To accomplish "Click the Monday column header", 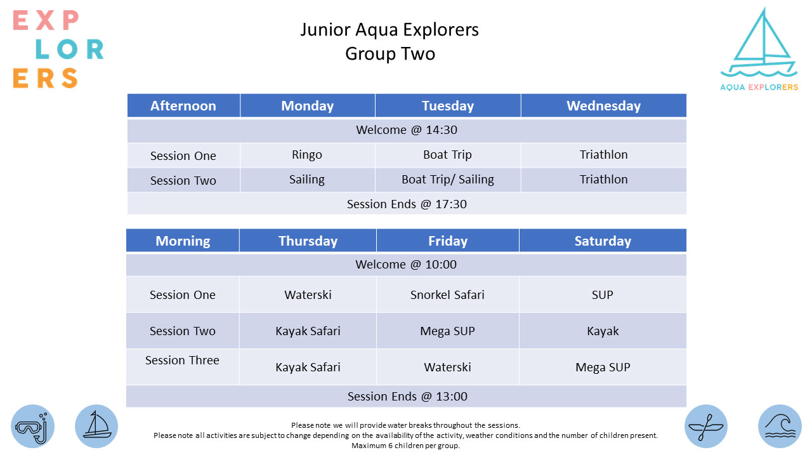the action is [308, 106].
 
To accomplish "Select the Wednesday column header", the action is [603, 106].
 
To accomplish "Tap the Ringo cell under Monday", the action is [307, 155].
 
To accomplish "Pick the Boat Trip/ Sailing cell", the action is [448, 180].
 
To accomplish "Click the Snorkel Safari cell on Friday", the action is [447, 295].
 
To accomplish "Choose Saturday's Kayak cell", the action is [603, 331].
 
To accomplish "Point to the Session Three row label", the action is [182, 360].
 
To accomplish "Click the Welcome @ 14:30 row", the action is [407, 130].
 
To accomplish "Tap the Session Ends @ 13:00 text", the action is [407, 397].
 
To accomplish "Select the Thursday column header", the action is [308, 241].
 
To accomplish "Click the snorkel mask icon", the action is [32, 426].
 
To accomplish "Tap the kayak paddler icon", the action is [706, 426].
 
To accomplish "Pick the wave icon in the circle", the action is [780, 426].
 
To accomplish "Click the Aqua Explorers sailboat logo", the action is [759, 49].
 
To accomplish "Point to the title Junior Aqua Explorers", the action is [390, 30].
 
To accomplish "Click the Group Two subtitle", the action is [390, 54].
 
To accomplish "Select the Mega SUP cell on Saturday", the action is [603, 367].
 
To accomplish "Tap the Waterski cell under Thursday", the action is [308, 295].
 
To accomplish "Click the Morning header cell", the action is [183, 241].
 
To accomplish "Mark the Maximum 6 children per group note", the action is [405, 446].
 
